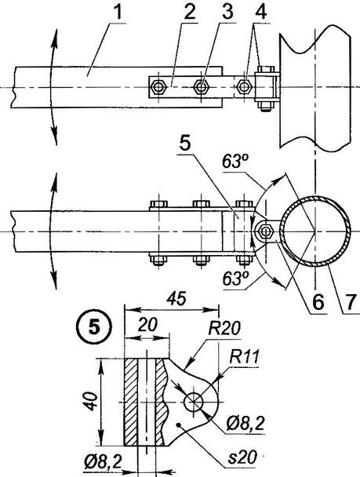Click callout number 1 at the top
coord(118,13)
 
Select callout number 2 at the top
coord(189,13)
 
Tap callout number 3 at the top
coord(227,13)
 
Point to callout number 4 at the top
coord(261,13)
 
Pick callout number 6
coord(318,302)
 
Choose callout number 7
coord(351,302)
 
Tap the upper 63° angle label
coord(235,162)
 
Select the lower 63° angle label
coord(235,279)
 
